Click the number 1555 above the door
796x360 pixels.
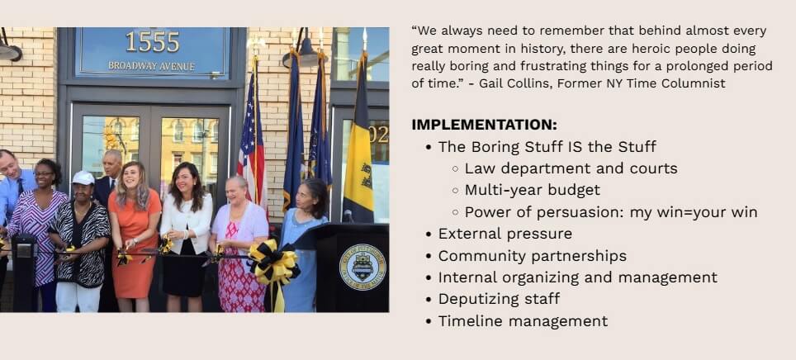point(152,41)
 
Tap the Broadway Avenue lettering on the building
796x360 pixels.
point(152,65)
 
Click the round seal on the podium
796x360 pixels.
point(362,267)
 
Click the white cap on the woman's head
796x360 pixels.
point(83,178)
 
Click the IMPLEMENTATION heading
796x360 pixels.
point(484,125)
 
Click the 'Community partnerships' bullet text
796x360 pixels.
point(532,256)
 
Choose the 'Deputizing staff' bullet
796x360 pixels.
point(499,299)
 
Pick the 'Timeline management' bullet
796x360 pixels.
point(523,321)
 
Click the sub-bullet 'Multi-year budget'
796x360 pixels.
point(532,190)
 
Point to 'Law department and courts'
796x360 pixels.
point(571,168)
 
